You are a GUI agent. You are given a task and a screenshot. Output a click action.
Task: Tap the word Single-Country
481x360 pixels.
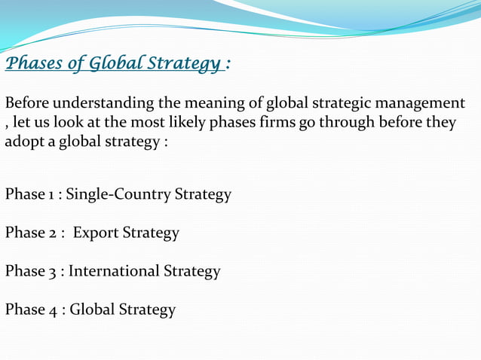118,194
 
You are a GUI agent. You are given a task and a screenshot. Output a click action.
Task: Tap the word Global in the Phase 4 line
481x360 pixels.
93,310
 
